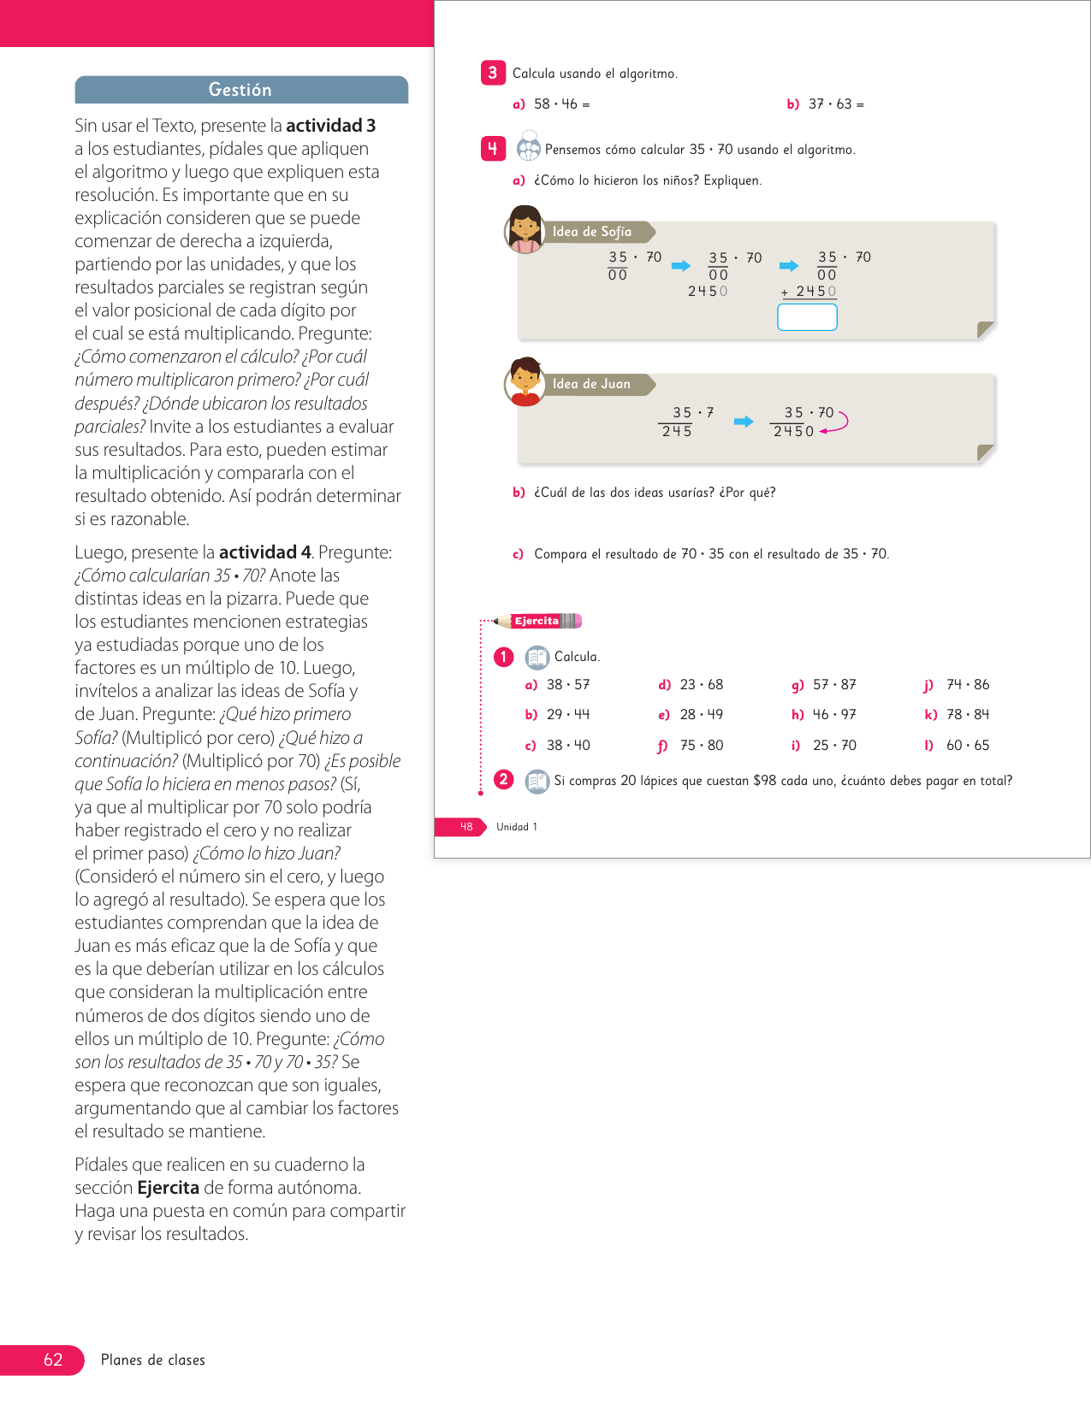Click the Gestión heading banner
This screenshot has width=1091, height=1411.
(240, 90)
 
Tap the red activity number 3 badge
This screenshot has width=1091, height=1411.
(493, 74)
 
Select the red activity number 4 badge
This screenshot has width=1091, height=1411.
(493, 149)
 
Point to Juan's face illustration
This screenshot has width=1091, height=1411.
(525, 381)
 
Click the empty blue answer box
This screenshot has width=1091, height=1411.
(807, 317)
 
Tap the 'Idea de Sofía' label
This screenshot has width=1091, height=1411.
(592, 232)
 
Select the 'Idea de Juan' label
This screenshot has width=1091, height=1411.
(591, 384)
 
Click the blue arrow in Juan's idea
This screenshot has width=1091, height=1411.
(744, 422)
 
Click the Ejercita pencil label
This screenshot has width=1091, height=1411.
(537, 621)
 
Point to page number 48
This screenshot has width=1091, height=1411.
(465, 827)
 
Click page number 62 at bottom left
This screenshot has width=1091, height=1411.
(53, 1360)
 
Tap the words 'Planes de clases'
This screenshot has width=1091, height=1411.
(153, 1360)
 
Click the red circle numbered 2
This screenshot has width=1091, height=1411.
(503, 780)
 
